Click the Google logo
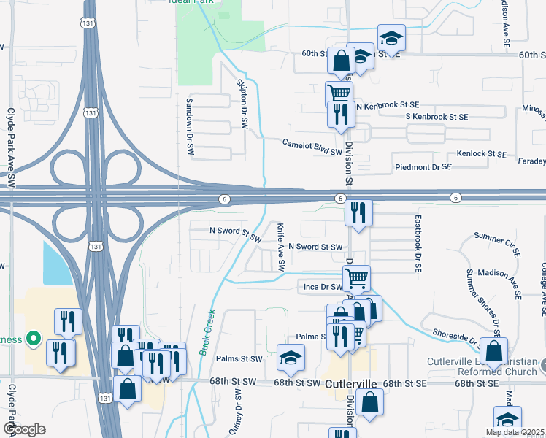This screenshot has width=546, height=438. (x=24, y=429)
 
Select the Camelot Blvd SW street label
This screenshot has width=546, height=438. (x=312, y=147)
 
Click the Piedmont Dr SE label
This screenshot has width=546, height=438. (x=423, y=167)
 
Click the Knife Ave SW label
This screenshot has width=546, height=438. (x=280, y=247)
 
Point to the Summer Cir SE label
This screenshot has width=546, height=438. (x=497, y=237)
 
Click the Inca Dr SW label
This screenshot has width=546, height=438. (x=322, y=287)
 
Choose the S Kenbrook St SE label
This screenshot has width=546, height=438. (x=437, y=117)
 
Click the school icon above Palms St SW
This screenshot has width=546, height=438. (x=291, y=356)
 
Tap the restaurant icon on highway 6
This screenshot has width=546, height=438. (x=358, y=212)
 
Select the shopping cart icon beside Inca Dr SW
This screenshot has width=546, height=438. (x=356, y=277)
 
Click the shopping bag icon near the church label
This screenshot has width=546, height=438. (x=494, y=350)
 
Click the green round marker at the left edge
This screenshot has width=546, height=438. (x=32, y=339)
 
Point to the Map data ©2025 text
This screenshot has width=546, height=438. (x=515, y=432)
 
